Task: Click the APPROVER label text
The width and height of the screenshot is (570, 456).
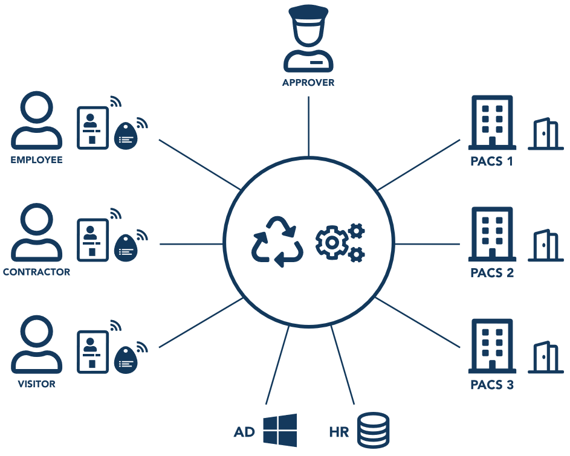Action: click(x=308, y=82)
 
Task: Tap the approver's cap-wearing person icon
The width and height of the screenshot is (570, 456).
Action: click(x=308, y=37)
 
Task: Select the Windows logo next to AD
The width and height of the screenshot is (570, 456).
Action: click(x=280, y=431)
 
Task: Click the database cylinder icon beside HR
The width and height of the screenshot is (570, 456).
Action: click(x=372, y=431)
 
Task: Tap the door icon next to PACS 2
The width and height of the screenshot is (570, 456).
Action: click(x=546, y=245)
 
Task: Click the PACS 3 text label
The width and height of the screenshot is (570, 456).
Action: click(x=492, y=385)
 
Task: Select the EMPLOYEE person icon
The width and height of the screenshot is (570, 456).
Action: click(x=36, y=121)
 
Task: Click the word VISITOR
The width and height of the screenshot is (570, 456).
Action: click(x=36, y=384)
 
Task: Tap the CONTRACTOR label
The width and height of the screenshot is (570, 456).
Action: click(x=36, y=272)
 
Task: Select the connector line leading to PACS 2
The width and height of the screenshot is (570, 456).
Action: click(x=428, y=244)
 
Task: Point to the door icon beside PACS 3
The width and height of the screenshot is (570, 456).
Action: click(x=546, y=357)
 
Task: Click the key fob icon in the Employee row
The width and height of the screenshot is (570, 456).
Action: click(x=127, y=136)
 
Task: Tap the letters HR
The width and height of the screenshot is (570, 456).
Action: click(x=338, y=432)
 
